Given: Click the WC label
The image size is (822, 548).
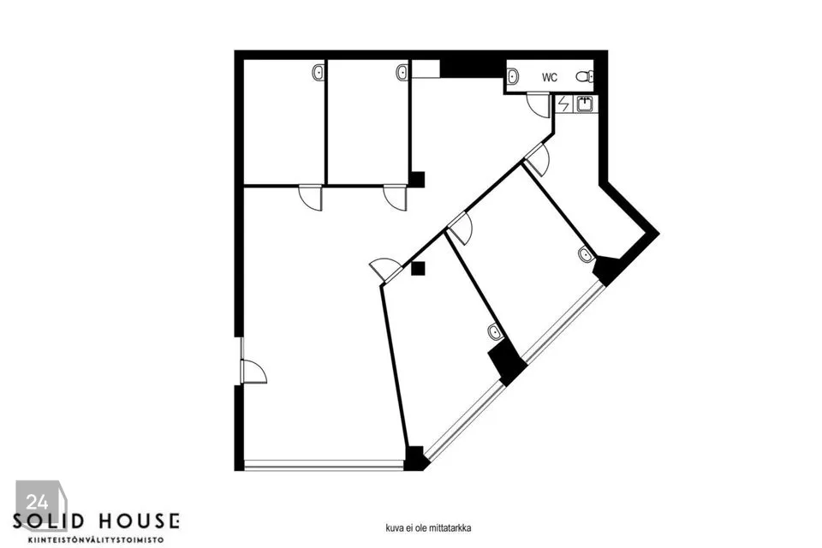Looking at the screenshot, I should click(x=550, y=77).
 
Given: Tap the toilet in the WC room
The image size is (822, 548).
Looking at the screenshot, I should click(x=586, y=77).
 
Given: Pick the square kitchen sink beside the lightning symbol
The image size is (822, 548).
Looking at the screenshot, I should click(x=586, y=104).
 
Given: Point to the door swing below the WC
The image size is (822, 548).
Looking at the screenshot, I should click(x=538, y=104).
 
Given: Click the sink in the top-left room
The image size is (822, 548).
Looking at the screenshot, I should click(x=319, y=73).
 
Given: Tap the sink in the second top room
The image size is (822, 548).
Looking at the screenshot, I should click(x=402, y=73).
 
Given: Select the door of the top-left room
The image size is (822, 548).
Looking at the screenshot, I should click(x=311, y=198).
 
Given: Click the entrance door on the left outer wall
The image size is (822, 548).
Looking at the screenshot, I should click(x=253, y=372).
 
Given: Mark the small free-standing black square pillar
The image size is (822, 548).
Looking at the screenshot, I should click(x=418, y=269).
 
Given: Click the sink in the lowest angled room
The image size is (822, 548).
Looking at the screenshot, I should click(x=495, y=331).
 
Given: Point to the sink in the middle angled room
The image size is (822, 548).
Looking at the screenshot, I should click(x=585, y=253).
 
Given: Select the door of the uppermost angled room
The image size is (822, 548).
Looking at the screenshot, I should click(x=537, y=159).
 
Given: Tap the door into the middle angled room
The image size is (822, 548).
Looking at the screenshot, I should click(x=460, y=228).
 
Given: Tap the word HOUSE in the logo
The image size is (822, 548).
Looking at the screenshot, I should click(x=137, y=521).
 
